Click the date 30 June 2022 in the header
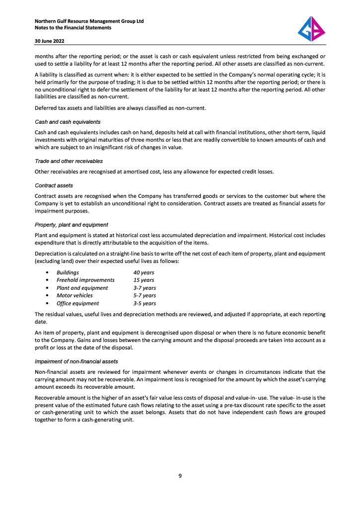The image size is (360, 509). pyautogui.click(x=50, y=41)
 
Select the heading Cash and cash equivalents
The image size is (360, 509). pyautogui.click(x=68, y=122)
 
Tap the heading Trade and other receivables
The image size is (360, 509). pyautogui.click(x=69, y=161)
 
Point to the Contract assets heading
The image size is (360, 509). pyautogui.click(x=54, y=185)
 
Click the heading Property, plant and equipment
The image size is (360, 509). pyautogui.click(x=71, y=225)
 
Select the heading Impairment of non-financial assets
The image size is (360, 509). pyautogui.click(x=76, y=361)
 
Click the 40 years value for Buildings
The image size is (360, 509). pyautogui.click(x=144, y=272)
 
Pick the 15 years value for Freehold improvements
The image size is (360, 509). pyautogui.click(x=144, y=280)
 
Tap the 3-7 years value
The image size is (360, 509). pyautogui.click(x=144, y=288)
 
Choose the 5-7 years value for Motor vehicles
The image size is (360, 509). pyautogui.click(x=144, y=295)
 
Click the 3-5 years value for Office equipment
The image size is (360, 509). pyautogui.click(x=144, y=303)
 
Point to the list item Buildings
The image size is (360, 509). pyautogui.click(x=68, y=272)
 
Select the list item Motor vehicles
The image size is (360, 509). pyautogui.click(x=75, y=295)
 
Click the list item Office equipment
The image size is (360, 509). pyautogui.click(x=78, y=303)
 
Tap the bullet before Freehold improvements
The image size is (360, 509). pyautogui.click(x=47, y=280)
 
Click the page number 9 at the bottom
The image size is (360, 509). pyautogui.click(x=180, y=476)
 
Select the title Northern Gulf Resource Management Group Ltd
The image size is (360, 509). pyautogui.click(x=89, y=21)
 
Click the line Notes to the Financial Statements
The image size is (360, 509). pyautogui.click(x=73, y=28)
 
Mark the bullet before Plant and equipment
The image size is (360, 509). pyautogui.click(x=47, y=288)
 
